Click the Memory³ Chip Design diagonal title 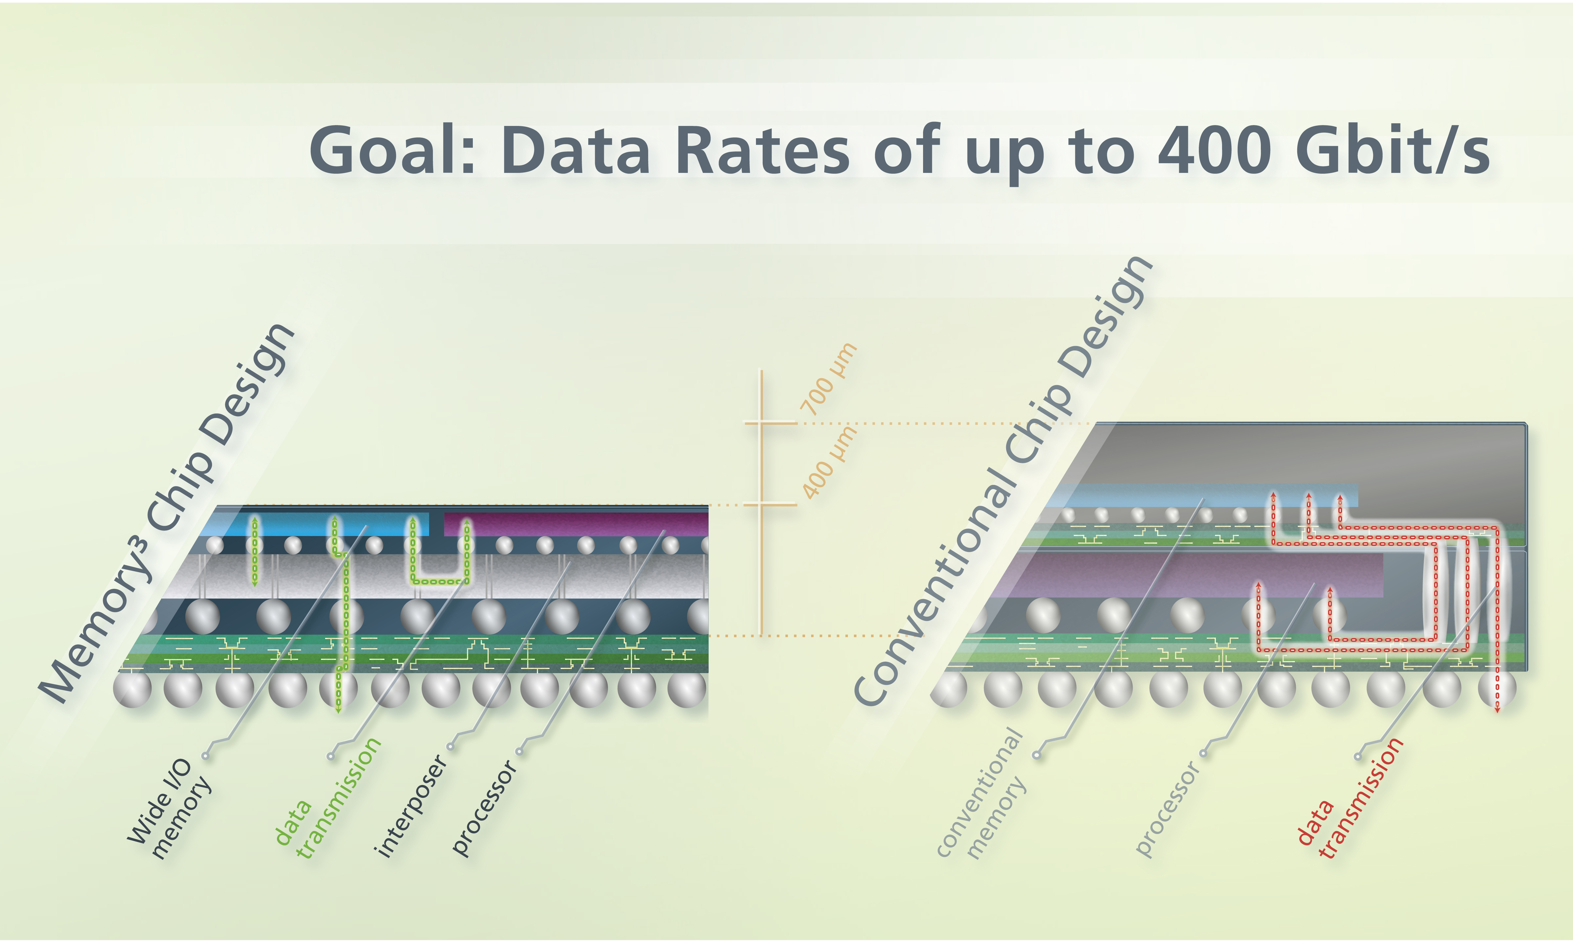[167, 513]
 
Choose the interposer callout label [411, 806]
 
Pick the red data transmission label [1350, 798]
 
